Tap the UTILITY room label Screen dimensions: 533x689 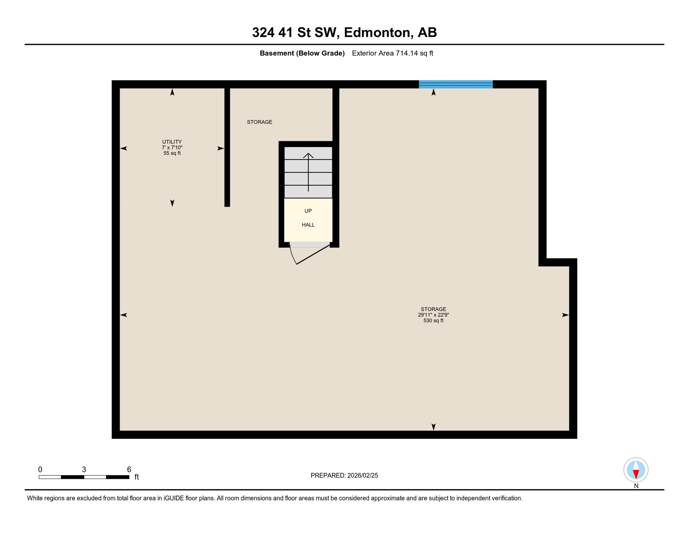click(x=172, y=142)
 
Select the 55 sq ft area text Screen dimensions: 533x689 click(x=172, y=153)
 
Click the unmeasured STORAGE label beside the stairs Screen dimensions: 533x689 click(x=259, y=122)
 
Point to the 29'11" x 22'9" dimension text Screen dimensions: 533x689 click(x=433, y=315)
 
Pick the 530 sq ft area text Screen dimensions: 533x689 click(x=433, y=321)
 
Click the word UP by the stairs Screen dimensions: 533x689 click(x=308, y=211)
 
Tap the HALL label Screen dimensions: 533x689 click(x=308, y=225)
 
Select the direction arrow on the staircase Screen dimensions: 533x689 click(x=308, y=172)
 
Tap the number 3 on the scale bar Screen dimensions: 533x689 click(x=84, y=469)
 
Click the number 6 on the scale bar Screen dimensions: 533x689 click(x=129, y=469)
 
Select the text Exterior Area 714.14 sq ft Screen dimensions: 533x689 click(x=392, y=53)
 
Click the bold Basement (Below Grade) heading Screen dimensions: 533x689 click(x=302, y=53)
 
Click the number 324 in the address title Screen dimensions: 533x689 click(x=263, y=33)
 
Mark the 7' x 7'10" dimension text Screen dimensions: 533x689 click(x=172, y=148)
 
